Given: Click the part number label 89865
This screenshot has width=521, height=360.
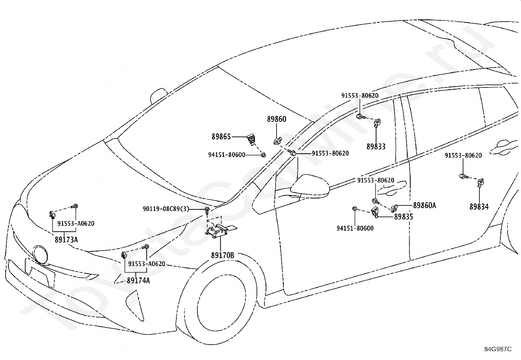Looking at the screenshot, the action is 221,137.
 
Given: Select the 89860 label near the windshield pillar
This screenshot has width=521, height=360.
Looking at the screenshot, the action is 276,119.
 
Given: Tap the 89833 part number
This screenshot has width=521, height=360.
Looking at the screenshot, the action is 376,146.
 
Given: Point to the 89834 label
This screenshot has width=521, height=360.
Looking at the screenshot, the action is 479,207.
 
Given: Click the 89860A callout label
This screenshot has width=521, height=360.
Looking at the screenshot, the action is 424,205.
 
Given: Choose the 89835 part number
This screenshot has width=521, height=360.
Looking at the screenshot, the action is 403,217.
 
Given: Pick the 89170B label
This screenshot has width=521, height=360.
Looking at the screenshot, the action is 223,256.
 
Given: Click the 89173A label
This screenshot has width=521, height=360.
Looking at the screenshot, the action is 66,239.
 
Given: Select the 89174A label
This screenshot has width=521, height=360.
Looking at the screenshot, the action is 138,281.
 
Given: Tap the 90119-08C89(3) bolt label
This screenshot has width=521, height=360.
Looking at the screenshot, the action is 166,209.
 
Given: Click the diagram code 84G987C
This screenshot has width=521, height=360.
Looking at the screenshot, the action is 498,349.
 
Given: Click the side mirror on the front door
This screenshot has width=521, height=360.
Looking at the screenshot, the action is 310,187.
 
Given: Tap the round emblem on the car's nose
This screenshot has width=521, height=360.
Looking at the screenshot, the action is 40,255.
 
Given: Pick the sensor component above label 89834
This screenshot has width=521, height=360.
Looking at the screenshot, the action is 480,182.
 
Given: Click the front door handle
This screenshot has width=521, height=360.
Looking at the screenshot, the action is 392,187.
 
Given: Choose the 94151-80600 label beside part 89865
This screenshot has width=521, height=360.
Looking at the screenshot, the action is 226,155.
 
